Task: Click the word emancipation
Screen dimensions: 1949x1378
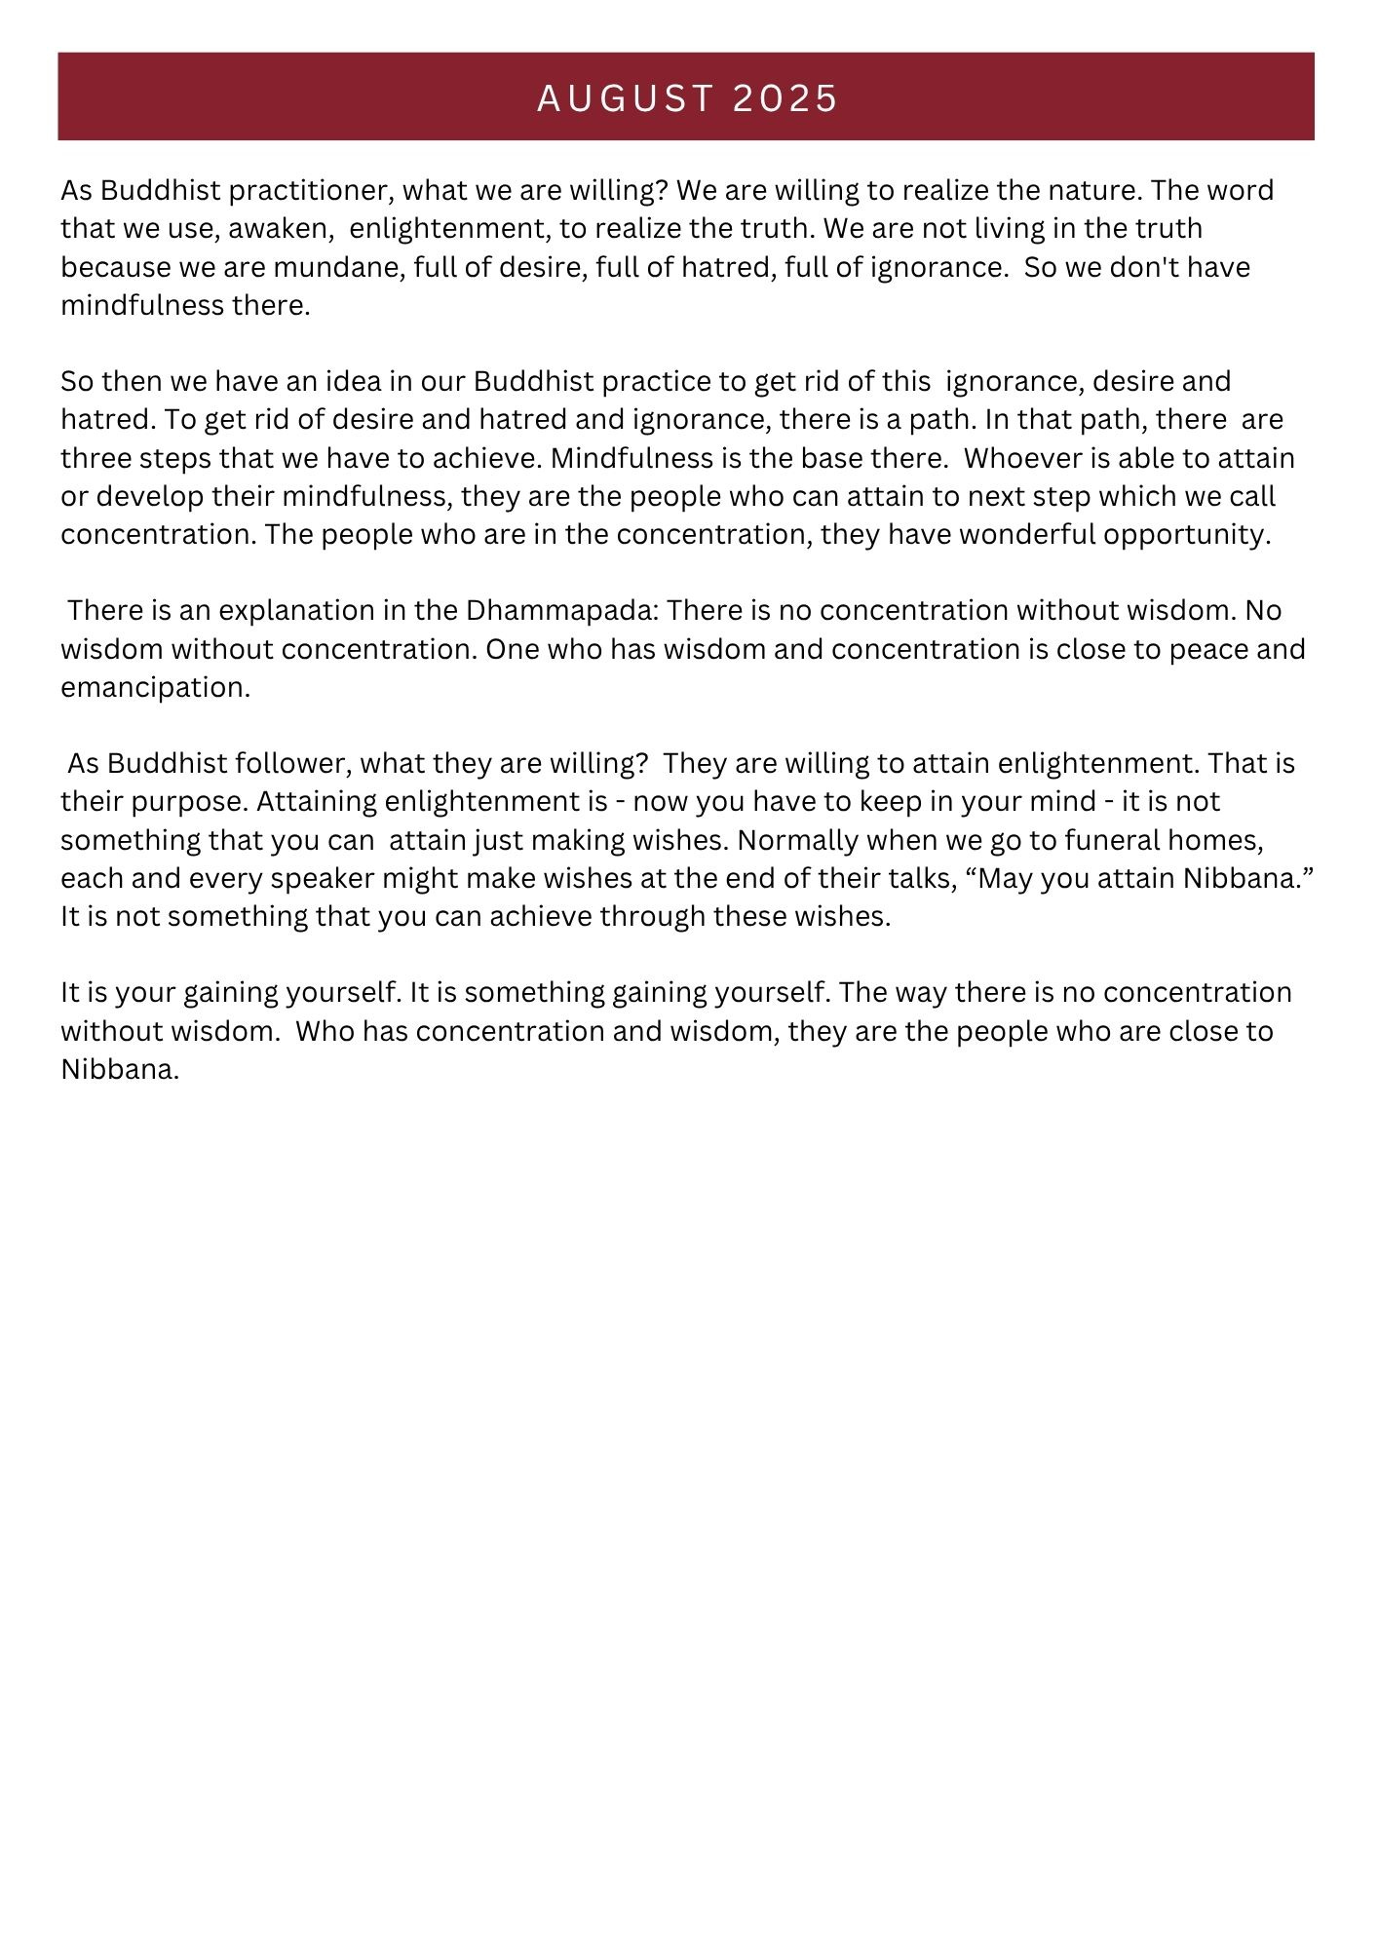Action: [x=155, y=688]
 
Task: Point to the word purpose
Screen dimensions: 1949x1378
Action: [x=161, y=802]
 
